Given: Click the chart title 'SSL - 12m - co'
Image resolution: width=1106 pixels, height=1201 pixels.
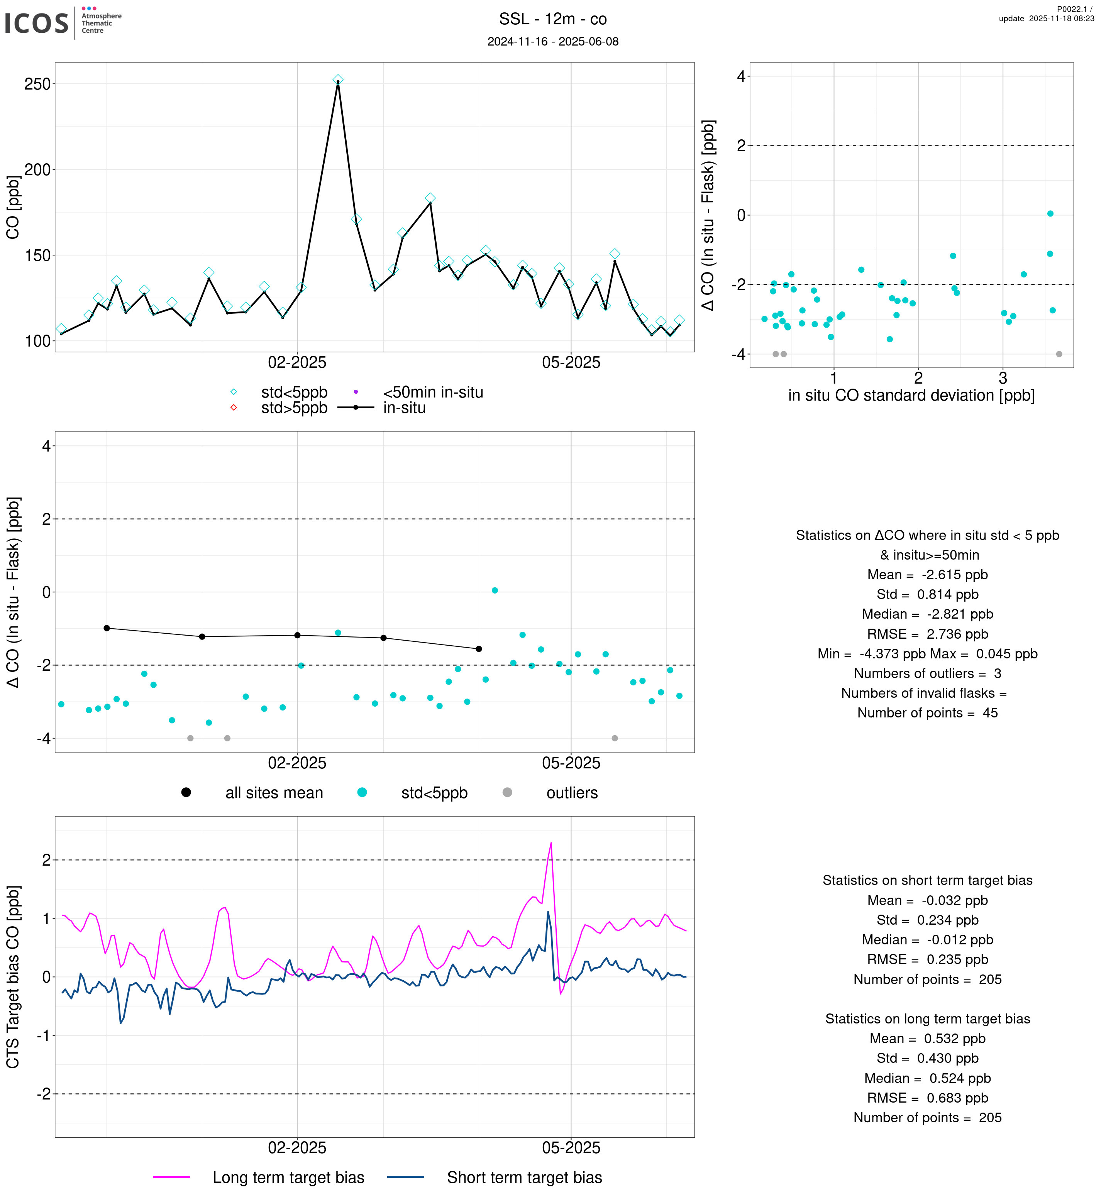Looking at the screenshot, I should coord(552,19).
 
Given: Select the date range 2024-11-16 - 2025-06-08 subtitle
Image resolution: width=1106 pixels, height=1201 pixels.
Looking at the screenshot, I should coord(552,41).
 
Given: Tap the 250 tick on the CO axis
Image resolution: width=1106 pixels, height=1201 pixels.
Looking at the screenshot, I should coord(37,85).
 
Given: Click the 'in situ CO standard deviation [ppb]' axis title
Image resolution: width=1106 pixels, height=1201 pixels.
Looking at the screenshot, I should coord(911,396).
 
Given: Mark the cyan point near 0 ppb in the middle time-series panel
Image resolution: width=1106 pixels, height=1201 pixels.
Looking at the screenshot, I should coord(495,590).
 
